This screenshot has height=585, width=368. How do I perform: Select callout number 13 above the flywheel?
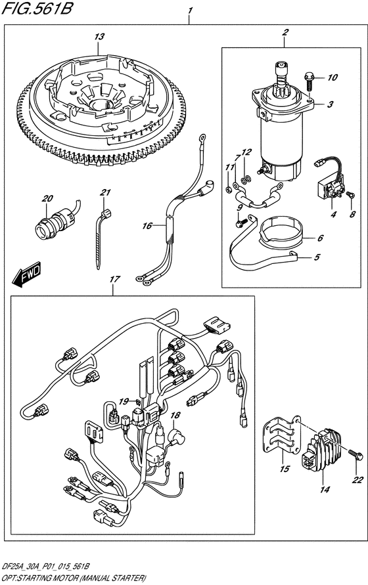[98, 37]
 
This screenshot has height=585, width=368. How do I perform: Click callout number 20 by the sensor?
[47, 199]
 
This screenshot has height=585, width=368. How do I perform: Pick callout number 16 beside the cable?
[148, 226]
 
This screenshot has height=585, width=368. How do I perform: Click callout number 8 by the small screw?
[352, 215]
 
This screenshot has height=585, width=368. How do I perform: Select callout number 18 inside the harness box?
[175, 416]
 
